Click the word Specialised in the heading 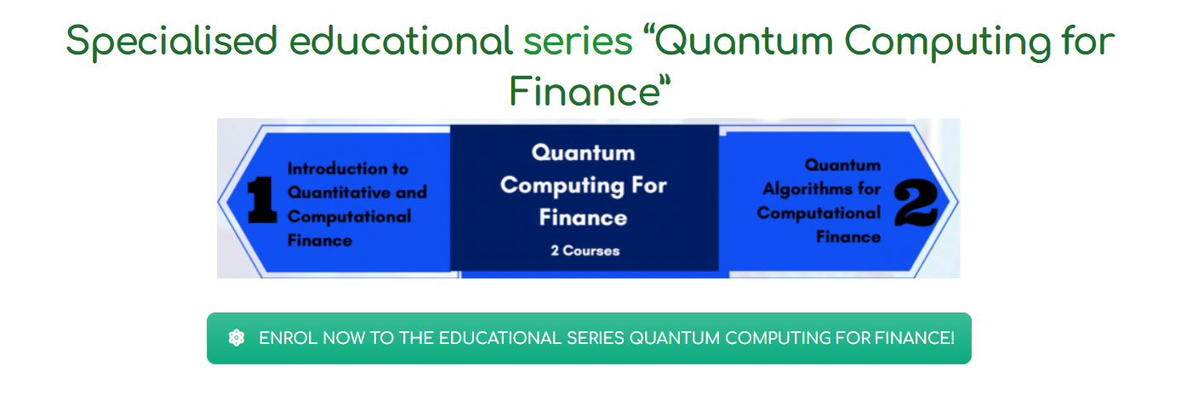172,42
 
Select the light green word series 578,42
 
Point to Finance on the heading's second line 585,91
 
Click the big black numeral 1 262,200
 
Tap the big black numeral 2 916,202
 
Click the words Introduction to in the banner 348,169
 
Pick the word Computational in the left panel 349,216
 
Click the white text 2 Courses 585,250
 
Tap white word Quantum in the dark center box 584,152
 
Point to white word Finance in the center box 584,217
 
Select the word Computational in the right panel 819,213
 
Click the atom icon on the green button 237,338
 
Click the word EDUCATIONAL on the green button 499,338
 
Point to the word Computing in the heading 948,43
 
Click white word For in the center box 649,185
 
